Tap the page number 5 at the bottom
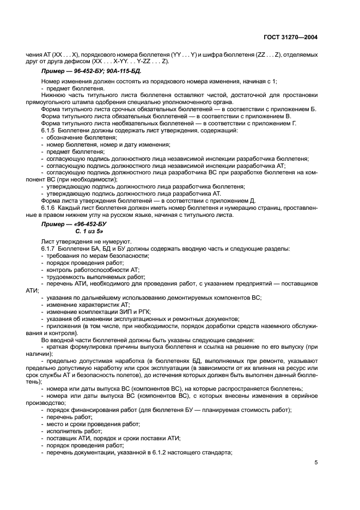316,463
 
